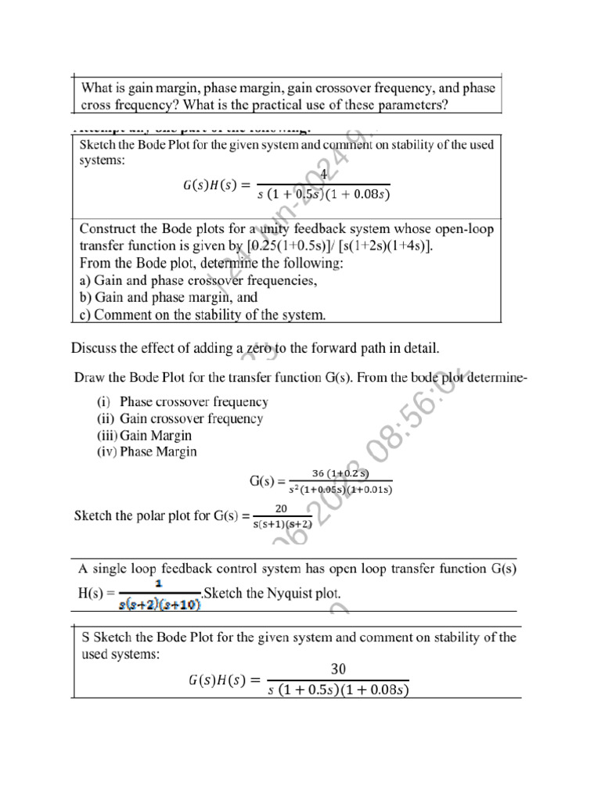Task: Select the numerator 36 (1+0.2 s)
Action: (x=340, y=473)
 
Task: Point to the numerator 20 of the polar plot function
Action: (x=283, y=508)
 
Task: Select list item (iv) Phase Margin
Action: (x=146, y=451)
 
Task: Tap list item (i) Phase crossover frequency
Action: (x=182, y=402)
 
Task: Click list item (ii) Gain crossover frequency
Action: (x=179, y=418)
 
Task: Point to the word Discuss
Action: (x=94, y=347)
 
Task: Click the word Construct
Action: (x=109, y=228)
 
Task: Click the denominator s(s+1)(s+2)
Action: (x=283, y=524)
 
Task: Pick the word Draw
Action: (x=89, y=379)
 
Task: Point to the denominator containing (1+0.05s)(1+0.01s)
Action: (x=340, y=490)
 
